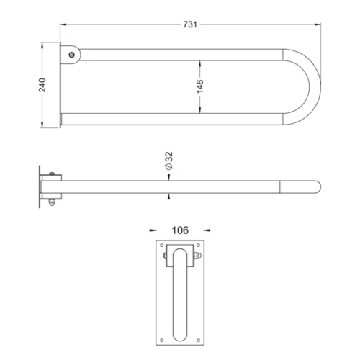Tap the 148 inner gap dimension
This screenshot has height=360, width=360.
pyautogui.click(x=200, y=87)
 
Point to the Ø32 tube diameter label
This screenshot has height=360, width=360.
pyautogui.click(x=168, y=161)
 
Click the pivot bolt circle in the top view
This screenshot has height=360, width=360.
pyautogui.click(x=71, y=55)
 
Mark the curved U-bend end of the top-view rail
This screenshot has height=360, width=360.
pyautogui.click(x=314, y=87)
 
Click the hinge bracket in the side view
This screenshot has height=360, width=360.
pyautogui.click(x=55, y=186)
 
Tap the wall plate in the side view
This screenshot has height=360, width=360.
pyautogui.click(x=40, y=187)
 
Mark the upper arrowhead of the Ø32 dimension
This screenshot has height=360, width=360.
pyautogui.click(x=168, y=176)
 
